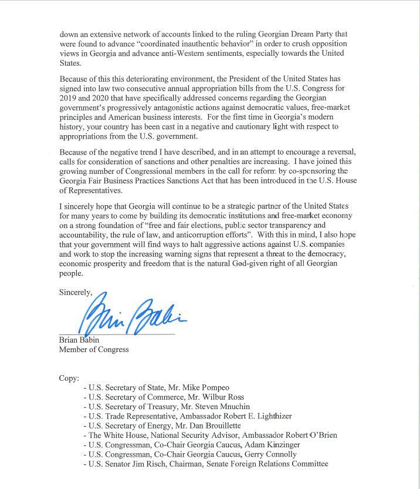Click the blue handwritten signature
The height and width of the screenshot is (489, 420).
point(132,316)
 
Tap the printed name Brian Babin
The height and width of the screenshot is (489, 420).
point(79,340)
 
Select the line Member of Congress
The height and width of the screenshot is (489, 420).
point(94,349)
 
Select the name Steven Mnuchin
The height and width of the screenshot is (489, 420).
point(226,406)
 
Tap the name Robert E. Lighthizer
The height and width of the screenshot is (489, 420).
point(253,416)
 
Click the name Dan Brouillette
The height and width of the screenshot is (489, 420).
point(225,426)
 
